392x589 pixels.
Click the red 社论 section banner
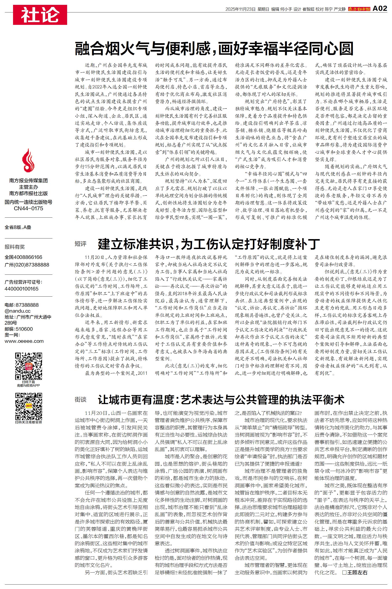tap(40, 15)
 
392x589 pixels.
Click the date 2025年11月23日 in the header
tap(240, 9)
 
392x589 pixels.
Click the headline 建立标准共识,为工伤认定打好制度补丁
tap(209, 244)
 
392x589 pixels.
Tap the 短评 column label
tap(81, 244)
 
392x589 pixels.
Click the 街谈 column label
tap(81, 400)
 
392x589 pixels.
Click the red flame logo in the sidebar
tap(28, 160)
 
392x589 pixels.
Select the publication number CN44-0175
tap(28, 208)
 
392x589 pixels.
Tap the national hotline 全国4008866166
tap(24, 257)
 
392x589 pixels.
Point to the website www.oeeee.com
tap(24, 341)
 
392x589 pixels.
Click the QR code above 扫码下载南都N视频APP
tap(28, 366)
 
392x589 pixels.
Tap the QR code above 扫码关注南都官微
tap(28, 406)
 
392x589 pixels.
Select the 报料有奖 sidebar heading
tap(15, 247)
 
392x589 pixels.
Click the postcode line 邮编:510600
tap(19, 329)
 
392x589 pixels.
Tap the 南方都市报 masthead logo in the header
tap(359, 9)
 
